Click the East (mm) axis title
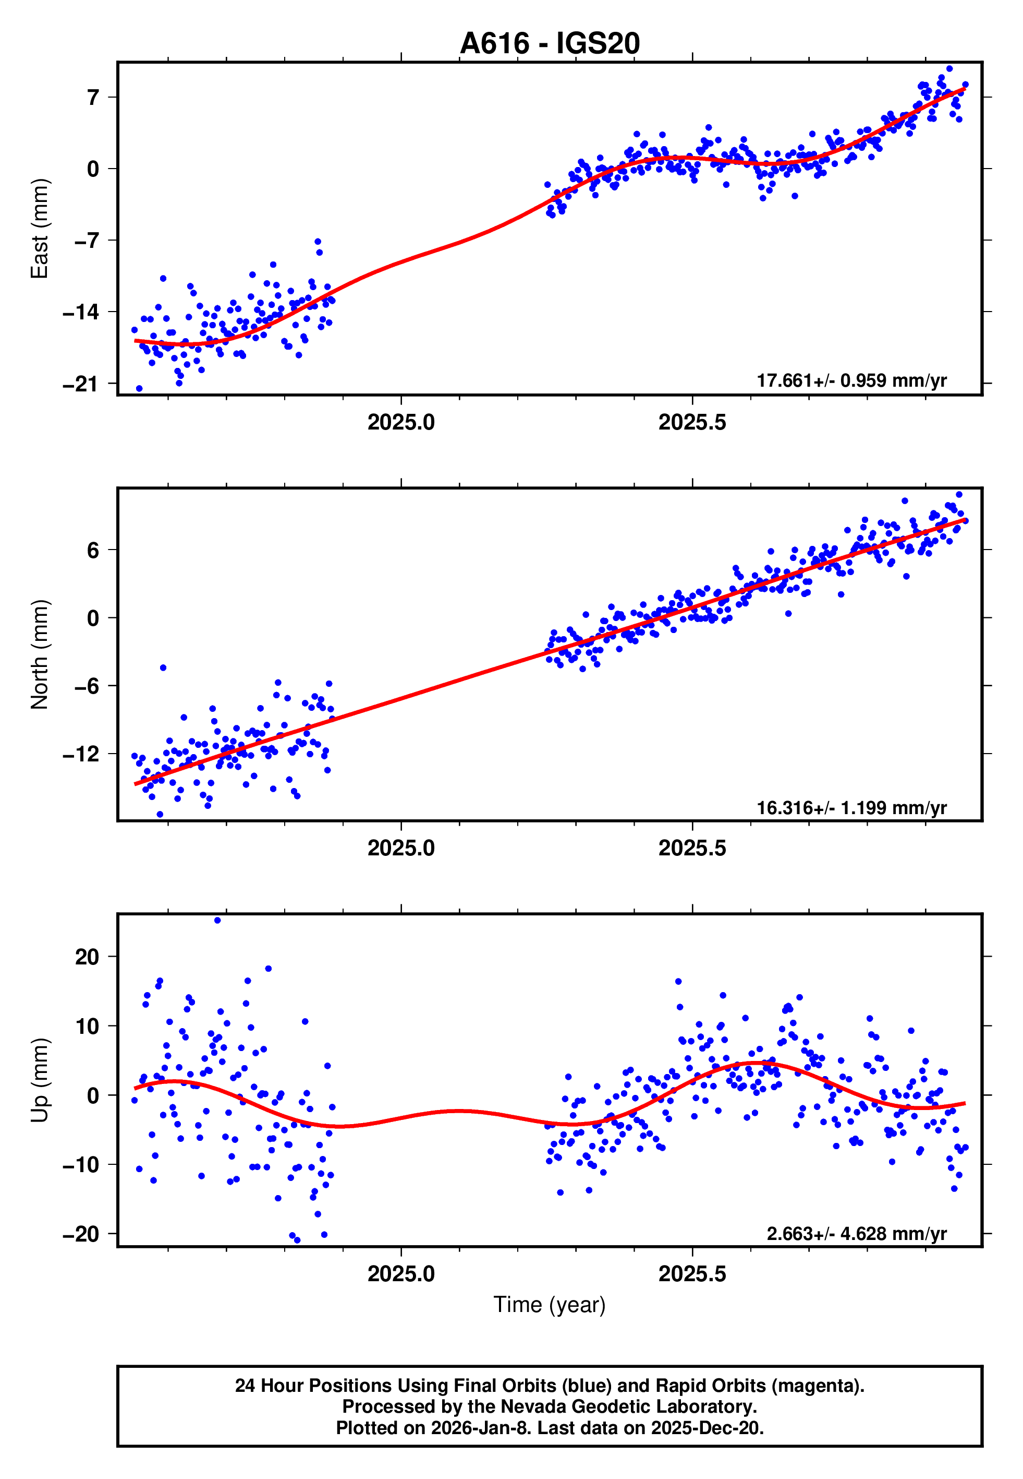(40, 229)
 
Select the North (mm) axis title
(40, 654)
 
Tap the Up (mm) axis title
(40, 1080)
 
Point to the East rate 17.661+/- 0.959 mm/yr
(851, 380)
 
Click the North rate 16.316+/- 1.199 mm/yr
(851, 807)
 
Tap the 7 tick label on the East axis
(93, 98)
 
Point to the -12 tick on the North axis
(81, 754)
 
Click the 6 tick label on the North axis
(93, 550)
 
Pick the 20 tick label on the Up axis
(87, 957)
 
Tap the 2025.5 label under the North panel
(692, 848)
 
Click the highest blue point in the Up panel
(217, 921)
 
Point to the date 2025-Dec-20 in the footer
(705, 1428)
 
